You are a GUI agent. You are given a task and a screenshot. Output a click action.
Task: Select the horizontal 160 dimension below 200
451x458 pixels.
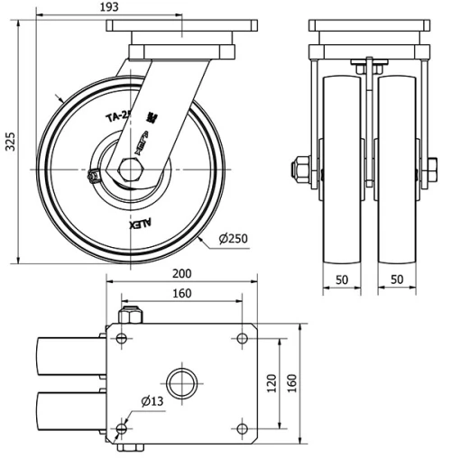(x=180, y=293)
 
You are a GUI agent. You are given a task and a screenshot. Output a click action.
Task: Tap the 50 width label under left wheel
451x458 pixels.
(x=342, y=280)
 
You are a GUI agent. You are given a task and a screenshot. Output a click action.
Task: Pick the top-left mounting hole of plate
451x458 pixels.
(x=122, y=339)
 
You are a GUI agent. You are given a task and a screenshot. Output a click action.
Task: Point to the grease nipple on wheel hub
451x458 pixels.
(x=93, y=177)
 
